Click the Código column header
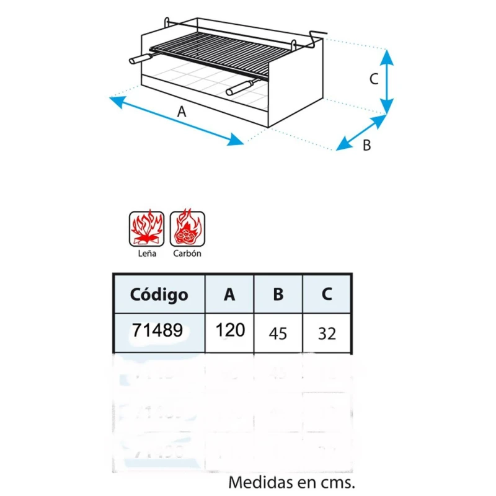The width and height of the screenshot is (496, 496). pyautogui.click(x=159, y=294)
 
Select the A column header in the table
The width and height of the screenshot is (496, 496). pyautogui.click(x=229, y=294)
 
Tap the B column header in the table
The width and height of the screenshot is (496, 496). pyautogui.click(x=278, y=294)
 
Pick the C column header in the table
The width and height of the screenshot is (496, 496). pyautogui.click(x=327, y=294)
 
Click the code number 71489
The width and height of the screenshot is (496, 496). pyautogui.click(x=157, y=330)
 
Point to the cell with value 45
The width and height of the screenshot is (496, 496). pyautogui.click(x=278, y=334)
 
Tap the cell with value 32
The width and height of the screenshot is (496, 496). pyautogui.click(x=327, y=334)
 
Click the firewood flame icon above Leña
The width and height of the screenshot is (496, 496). pyautogui.click(x=146, y=229)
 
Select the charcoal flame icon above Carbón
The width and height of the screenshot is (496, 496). pyautogui.click(x=187, y=228)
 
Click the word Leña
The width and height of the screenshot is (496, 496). pyautogui.click(x=147, y=254)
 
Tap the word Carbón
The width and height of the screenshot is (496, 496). pyautogui.click(x=187, y=254)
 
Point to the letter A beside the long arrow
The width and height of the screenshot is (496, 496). pyautogui.click(x=182, y=112)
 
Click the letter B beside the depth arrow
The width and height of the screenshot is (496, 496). pyautogui.click(x=366, y=146)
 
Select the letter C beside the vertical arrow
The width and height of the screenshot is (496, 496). pyautogui.click(x=374, y=79)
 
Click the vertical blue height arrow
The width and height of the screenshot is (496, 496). pyautogui.click(x=386, y=82)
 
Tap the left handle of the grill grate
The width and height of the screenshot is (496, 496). pyautogui.click(x=141, y=58)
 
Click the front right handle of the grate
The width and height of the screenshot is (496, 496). pyautogui.click(x=241, y=87)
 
